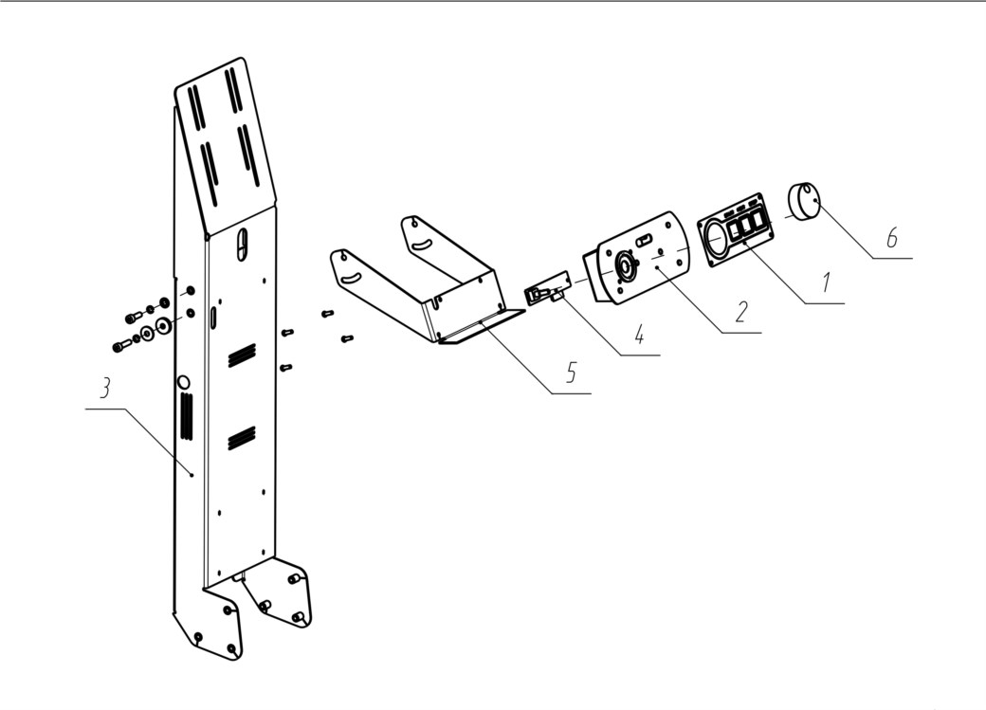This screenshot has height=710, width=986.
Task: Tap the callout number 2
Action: (741, 311)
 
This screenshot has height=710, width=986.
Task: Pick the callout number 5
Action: (571, 373)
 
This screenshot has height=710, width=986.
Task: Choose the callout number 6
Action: (892, 238)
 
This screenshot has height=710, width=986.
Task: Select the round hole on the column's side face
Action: (184, 382)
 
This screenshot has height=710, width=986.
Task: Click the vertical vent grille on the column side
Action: (187, 415)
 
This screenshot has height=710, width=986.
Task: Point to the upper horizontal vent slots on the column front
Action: (242, 355)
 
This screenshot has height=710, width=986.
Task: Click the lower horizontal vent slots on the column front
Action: (242, 438)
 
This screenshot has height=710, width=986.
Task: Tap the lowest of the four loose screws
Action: (286, 367)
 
